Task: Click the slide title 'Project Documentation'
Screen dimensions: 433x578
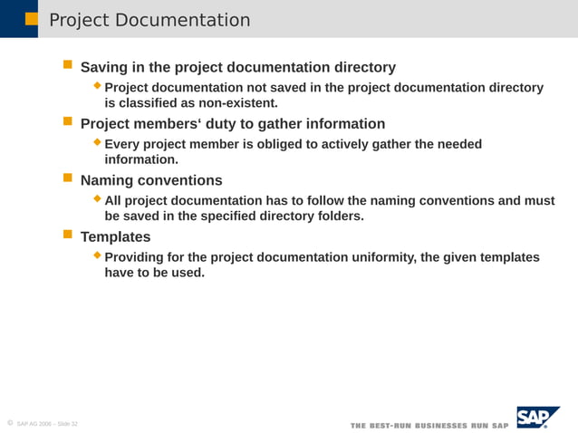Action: pos(149,20)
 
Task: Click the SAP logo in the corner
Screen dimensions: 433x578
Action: pos(537,417)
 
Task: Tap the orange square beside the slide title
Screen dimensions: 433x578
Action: pos(32,19)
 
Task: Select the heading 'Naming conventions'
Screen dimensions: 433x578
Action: pos(151,180)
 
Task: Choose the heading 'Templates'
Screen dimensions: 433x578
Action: pos(116,236)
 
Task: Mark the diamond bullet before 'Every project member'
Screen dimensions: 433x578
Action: pos(98,142)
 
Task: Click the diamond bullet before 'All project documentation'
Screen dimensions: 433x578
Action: pos(98,198)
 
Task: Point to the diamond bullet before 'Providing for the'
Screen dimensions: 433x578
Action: pos(98,255)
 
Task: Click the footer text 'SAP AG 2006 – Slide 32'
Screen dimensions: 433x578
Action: pos(47,424)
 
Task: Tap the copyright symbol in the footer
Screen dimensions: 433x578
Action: pos(8,423)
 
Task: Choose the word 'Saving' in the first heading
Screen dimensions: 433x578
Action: pos(105,67)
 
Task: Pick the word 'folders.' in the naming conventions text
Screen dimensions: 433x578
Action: pos(338,216)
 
